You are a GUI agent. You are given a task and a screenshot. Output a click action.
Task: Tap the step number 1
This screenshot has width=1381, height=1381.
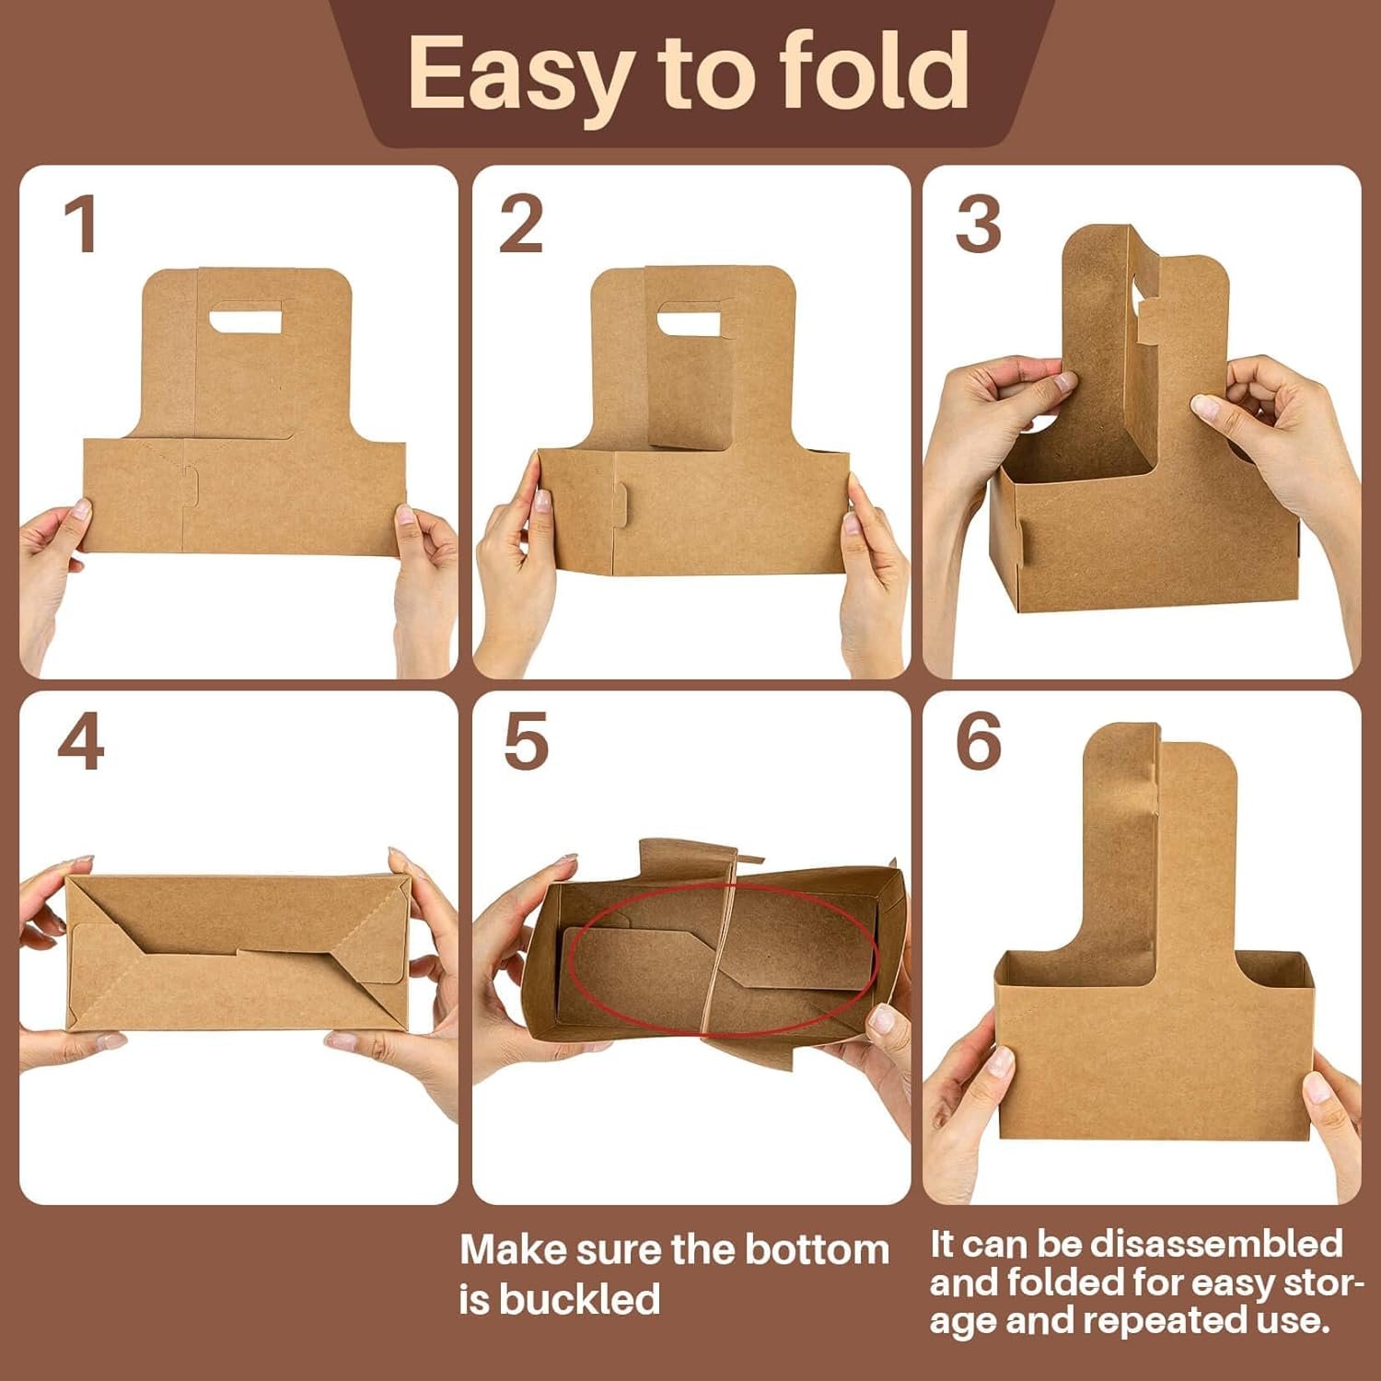tap(81, 226)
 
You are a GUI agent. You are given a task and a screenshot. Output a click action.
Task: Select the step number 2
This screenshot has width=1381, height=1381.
tap(521, 226)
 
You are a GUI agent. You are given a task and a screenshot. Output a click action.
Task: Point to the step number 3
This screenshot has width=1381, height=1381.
tap(978, 226)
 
